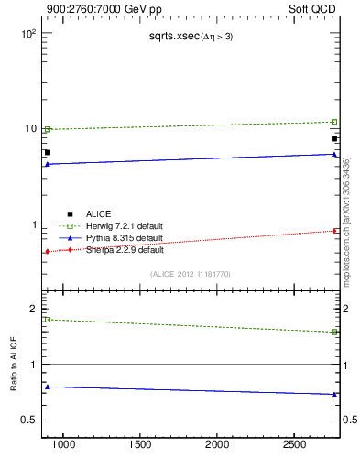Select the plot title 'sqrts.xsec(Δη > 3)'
click(191, 37)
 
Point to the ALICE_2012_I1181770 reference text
click(191, 274)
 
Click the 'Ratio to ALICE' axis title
click(14, 365)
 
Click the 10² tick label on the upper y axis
click(27, 33)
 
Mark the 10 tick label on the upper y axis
click(29, 128)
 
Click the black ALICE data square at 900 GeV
click(48, 153)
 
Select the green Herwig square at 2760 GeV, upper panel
click(334, 122)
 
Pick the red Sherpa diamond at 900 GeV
click(48, 251)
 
